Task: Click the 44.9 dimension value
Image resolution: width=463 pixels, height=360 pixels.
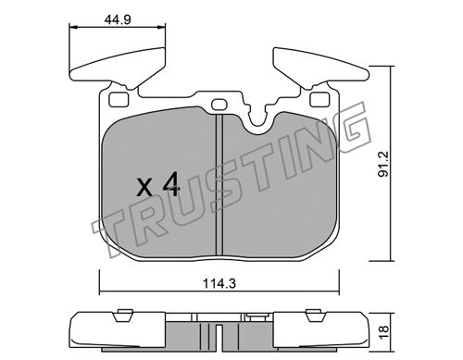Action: click(118, 19)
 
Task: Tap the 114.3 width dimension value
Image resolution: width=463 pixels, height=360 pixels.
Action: click(219, 283)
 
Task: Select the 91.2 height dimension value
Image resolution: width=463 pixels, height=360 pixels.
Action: click(383, 164)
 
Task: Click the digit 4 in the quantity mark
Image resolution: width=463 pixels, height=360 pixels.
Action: click(171, 184)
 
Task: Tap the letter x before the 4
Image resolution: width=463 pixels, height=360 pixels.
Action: click(144, 188)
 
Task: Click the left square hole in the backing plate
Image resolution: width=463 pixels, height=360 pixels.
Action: click(119, 100)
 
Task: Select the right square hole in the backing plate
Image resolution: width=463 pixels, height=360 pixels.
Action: click(319, 100)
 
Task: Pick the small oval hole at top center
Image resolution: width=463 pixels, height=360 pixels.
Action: click(219, 105)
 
